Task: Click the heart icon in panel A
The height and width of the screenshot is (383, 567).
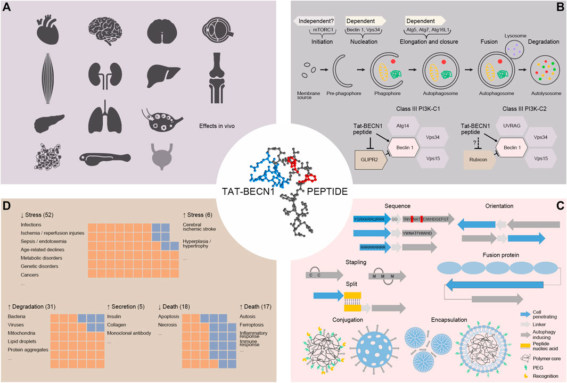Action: (47, 28)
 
